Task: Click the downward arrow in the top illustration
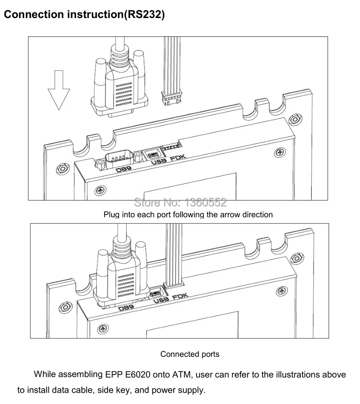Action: point(59,90)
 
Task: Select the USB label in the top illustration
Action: point(159,161)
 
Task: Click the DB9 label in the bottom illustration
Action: point(126,308)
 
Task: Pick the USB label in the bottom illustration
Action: point(161,300)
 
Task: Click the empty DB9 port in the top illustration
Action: point(120,158)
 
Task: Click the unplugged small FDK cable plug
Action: point(171,98)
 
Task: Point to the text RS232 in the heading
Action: point(144,15)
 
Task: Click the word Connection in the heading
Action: point(34,15)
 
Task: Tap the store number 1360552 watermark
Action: point(206,203)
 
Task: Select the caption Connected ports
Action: point(190,354)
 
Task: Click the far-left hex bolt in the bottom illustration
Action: point(65,307)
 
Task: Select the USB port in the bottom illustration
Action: point(156,293)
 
